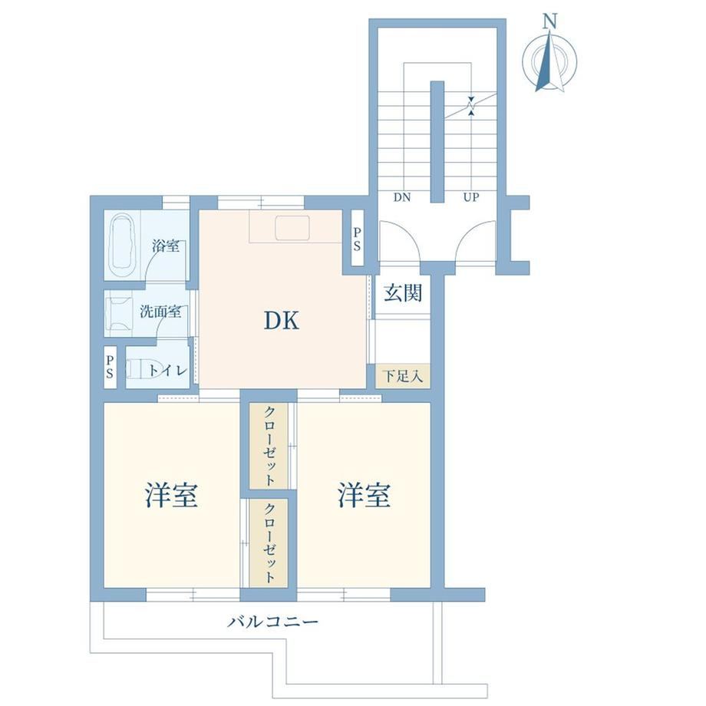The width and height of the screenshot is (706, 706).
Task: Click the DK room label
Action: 282,321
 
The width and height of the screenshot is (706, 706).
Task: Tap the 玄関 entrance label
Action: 403,294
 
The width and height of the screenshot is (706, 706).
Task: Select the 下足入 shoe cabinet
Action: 403,375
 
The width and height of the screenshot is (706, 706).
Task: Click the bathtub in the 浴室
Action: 123,246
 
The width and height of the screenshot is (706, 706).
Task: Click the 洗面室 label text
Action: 160,311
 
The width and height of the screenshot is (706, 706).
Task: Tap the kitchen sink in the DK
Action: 292,227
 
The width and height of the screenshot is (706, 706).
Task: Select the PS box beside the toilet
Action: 111,368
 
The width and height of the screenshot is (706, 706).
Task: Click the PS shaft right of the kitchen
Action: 357,239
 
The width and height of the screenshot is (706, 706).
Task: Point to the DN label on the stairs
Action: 402,197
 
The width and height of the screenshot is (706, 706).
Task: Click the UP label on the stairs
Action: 471,197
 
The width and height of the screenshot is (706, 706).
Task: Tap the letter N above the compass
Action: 549,21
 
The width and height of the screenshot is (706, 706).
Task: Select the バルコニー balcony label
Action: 274,622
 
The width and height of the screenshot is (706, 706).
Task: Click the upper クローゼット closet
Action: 269,446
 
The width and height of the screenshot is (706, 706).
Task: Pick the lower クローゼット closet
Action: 269,543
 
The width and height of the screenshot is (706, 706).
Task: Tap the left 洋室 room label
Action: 172,495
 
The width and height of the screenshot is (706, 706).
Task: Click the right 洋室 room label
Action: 364,495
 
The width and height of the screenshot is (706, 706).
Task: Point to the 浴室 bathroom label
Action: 166,246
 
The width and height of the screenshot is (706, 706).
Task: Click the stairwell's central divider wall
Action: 437,142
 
